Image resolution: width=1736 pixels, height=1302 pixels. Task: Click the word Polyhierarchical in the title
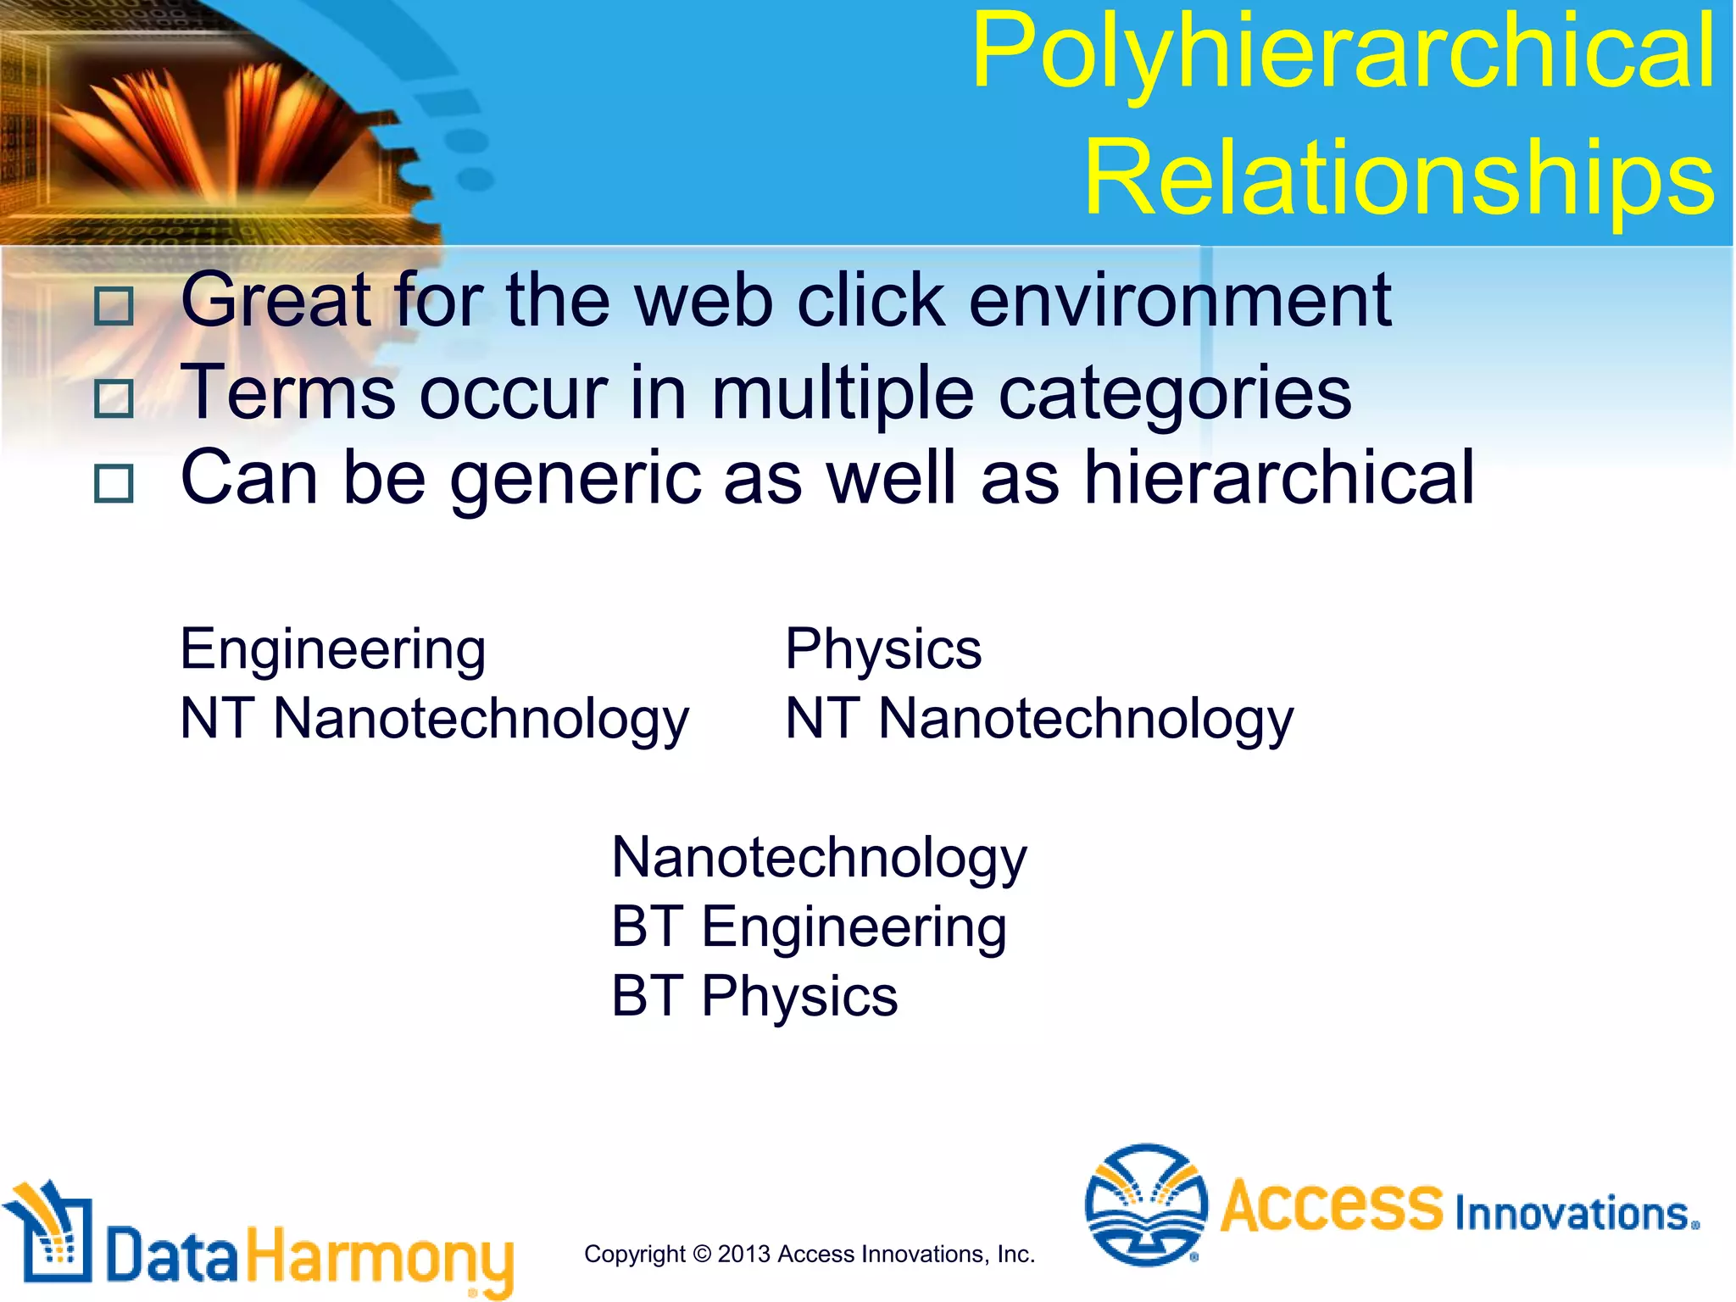[1344, 53]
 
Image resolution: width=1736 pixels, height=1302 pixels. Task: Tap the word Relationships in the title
[1399, 179]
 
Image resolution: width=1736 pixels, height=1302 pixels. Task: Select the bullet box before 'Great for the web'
[114, 306]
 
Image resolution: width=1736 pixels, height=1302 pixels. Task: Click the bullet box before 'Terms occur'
[114, 398]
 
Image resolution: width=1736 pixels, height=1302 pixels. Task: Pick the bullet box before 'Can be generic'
[114, 484]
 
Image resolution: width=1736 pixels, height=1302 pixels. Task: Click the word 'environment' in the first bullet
[1180, 300]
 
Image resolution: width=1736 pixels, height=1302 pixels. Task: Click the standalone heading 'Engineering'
[333, 650]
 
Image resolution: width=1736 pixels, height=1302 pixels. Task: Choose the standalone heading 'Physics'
[883, 650]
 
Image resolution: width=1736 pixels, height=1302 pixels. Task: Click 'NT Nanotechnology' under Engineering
[435, 720]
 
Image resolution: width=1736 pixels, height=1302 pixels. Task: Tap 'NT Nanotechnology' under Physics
[1039, 720]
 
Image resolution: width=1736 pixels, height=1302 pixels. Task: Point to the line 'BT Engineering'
[809, 926]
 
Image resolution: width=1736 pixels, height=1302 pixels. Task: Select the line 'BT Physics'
[754, 996]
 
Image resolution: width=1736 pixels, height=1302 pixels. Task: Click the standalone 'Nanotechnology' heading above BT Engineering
[819, 858]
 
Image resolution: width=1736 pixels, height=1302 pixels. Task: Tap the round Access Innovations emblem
[1146, 1205]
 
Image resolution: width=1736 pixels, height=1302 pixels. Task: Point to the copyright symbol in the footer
[701, 1254]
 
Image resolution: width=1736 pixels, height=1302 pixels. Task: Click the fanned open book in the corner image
[220, 127]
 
